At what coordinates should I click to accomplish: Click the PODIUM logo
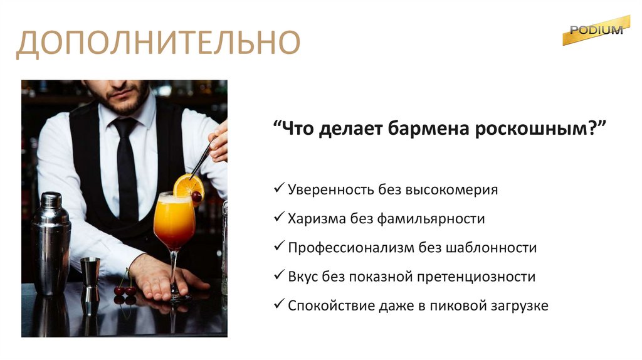pos(596,30)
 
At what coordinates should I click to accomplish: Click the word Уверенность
pos(330,189)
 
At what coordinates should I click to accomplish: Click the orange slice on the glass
pos(187,186)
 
